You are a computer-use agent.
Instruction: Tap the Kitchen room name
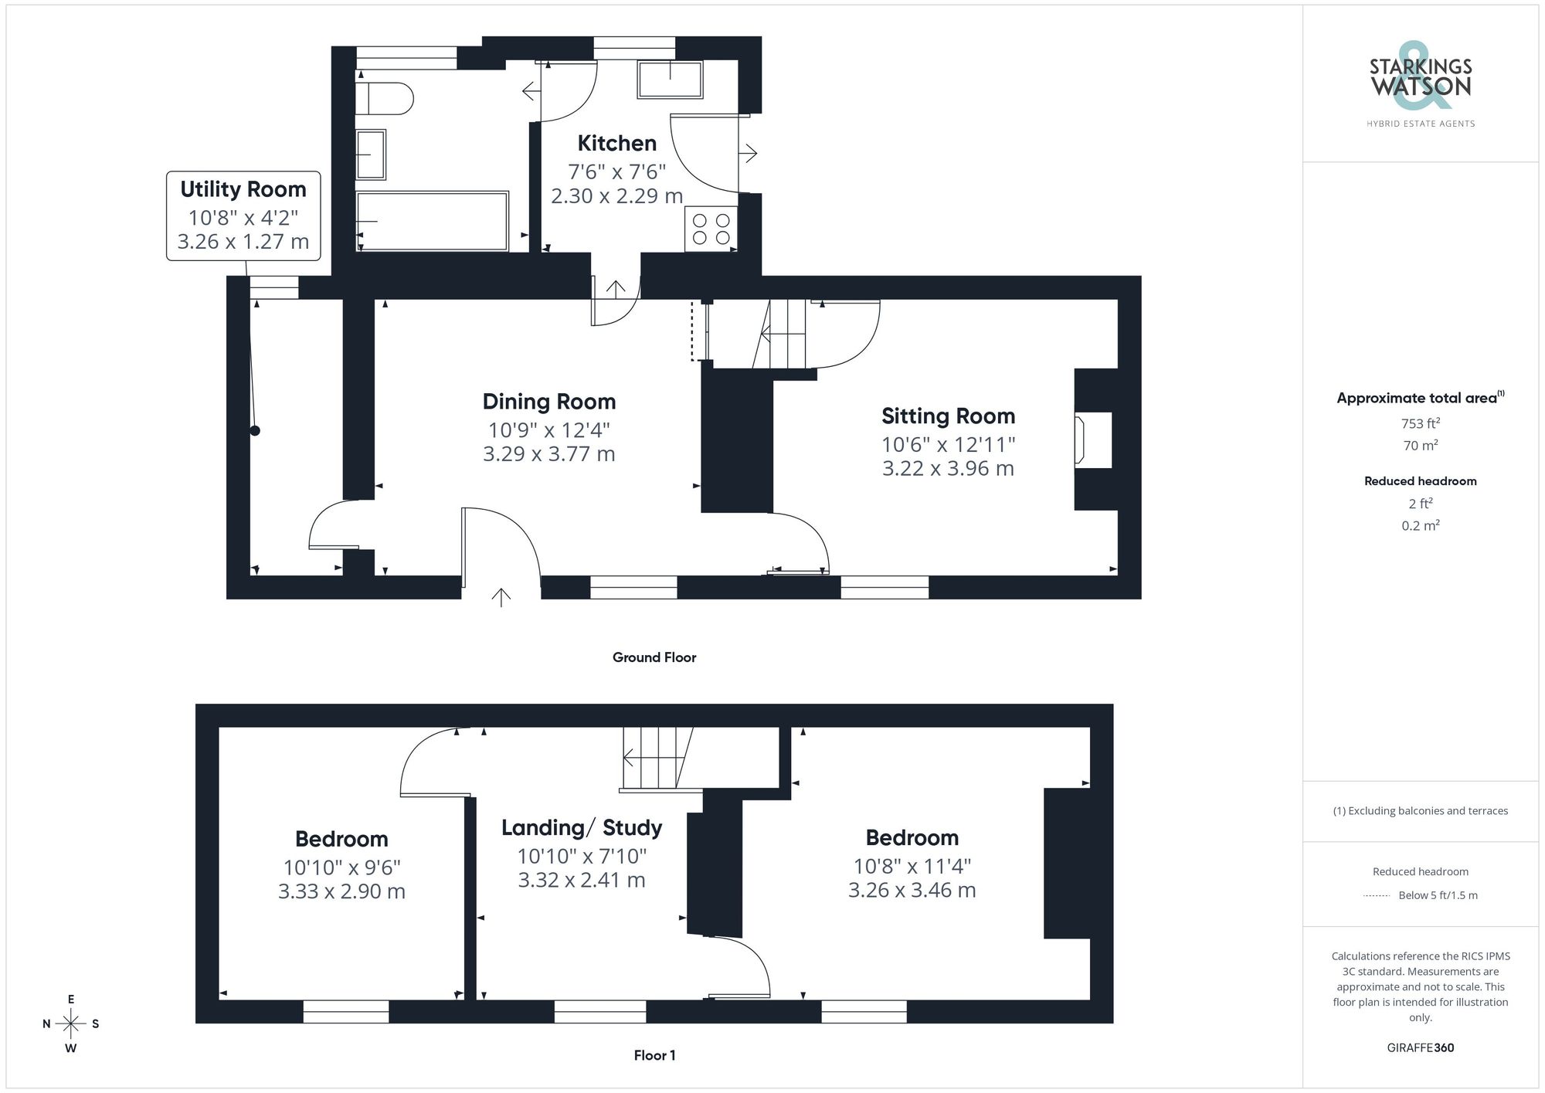616,144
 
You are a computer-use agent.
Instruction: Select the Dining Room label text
548,402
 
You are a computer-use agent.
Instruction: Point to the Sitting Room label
948,416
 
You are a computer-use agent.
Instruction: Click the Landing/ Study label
582,828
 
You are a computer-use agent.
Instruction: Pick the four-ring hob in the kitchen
711,229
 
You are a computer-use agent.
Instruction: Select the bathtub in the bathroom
432,221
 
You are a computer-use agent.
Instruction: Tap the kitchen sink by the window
670,80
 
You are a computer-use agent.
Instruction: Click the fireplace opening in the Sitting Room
1092,440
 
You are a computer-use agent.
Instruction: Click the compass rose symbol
70,1024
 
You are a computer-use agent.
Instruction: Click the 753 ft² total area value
1420,423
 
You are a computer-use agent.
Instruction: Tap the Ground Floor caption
654,657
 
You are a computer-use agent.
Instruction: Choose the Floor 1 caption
654,1055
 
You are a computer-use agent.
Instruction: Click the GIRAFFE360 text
1420,1048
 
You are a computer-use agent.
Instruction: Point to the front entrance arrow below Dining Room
501,597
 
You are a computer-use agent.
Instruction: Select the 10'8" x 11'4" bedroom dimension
912,867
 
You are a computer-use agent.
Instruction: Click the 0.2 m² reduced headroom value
1420,525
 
